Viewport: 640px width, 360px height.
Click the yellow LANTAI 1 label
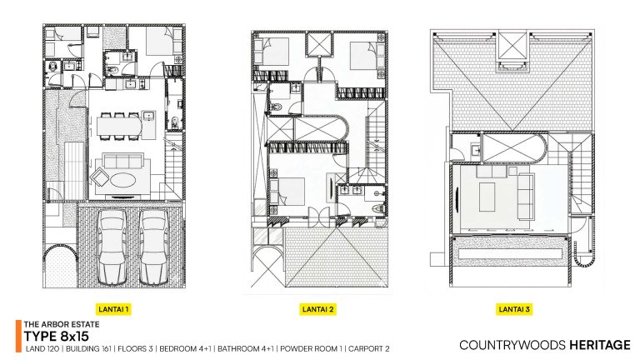(x=113, y=309)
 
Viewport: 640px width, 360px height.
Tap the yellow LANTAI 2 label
(x=318, y=309)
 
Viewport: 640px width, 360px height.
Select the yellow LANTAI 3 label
(x=514, y=309)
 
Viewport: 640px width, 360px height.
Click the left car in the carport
(x=112, y=247)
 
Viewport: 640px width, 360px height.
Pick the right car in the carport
(x=153, y=247)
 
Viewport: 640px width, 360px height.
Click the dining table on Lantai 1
(x=119, y=127)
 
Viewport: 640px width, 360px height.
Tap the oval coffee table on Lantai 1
(x=123, y=179)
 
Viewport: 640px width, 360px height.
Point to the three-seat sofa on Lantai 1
(x=122, y=161)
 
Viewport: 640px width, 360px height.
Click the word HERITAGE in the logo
(x=600, y=345)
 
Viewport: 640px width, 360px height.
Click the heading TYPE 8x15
(x=57, y=337)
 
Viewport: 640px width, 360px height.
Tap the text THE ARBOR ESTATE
(x=62, y=324)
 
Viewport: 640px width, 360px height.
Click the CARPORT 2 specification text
(x=369, y=349)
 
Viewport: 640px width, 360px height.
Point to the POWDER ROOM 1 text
(x=312, y=349)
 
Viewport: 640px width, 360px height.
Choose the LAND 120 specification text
(x=42, y=349)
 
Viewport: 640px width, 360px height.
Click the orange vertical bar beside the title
(x=18, y=336)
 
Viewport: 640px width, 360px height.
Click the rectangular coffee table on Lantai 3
(x=487, y=197)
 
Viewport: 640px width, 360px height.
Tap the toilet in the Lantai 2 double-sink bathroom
(x=378, y=207)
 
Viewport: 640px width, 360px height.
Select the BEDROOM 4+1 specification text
(x=186, y=349)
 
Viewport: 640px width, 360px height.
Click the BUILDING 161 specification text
(x=88, y=349)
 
